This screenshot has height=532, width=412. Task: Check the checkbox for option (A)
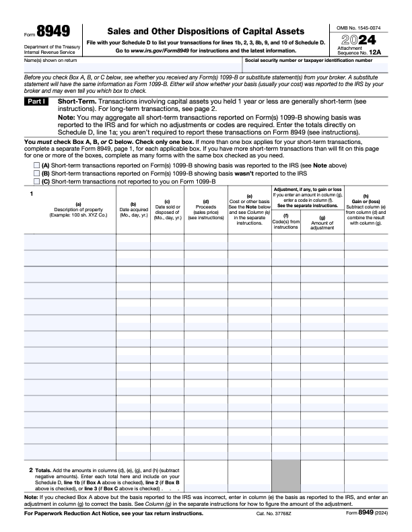(x=36, y=165)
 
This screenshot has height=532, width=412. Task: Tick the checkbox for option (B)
(x=36, y=173)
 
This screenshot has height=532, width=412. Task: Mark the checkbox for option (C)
(x=36, y=181)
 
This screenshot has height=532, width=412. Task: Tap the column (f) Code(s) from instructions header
(x=285, y=222)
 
